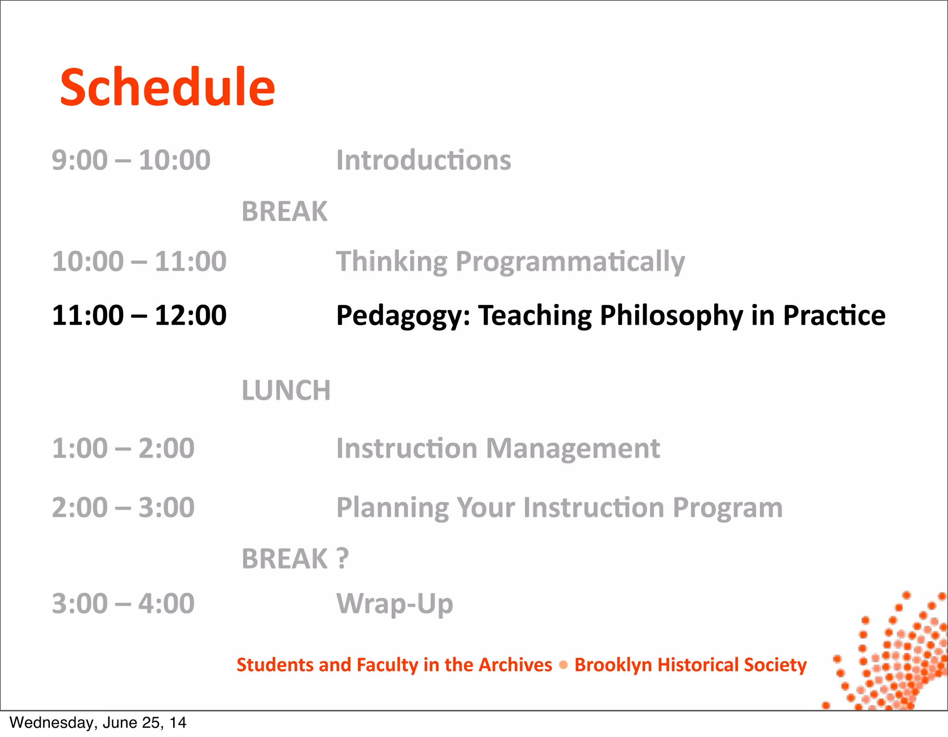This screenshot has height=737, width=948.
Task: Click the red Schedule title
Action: pyautogui.click(x=167, y=87)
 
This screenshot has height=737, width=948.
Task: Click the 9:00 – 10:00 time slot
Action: pyautogui.click(x=131, y=160)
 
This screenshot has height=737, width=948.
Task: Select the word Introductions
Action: pyautogui.click(x=424, y=160)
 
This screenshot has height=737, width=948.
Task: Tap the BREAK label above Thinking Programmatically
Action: pyautogui.click(x=284, y=211)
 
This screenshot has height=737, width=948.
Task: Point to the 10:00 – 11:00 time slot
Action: pyautogui.click(x=139, y=261)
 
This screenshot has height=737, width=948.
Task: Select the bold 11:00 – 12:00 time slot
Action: pyautogui.click(x=139, y=316)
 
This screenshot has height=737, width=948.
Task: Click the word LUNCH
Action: pyautogui.click(x=286, y=390)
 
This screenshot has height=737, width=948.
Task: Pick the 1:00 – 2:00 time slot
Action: pyautogui.click(x=123, y=448)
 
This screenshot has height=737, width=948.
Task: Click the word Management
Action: pyautogui.click(x=573, y=449)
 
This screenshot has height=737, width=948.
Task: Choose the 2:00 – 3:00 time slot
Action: pyautogui.click(x=123, y=508)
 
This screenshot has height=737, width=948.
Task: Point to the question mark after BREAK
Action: pyautogui.click(x=342, y=558)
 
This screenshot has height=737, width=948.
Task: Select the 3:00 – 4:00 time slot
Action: pyautogui.click(x=123, y=604)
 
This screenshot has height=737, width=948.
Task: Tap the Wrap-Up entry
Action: pyautogui.click(x=394, y=604)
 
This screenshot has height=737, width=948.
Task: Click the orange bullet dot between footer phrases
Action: pyautogui.click(x=563, y=665)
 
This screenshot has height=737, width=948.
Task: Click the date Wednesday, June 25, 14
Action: pyautogui.click(x=98, y=723)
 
